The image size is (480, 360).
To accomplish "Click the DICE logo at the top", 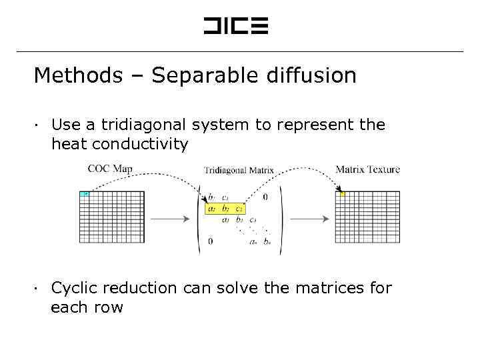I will pos(235,26).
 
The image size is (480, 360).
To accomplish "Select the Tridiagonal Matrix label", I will pos(239,170).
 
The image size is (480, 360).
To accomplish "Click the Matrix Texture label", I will pos(367,169).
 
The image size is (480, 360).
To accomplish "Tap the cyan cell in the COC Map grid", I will pos(85,194).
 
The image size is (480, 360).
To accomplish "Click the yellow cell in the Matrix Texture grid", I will pos(343,194).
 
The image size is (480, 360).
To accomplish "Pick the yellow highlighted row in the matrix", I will pos(225,209).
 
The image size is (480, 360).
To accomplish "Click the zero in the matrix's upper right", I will pos(265,197).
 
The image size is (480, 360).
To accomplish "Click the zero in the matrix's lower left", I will pos(211,241).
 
